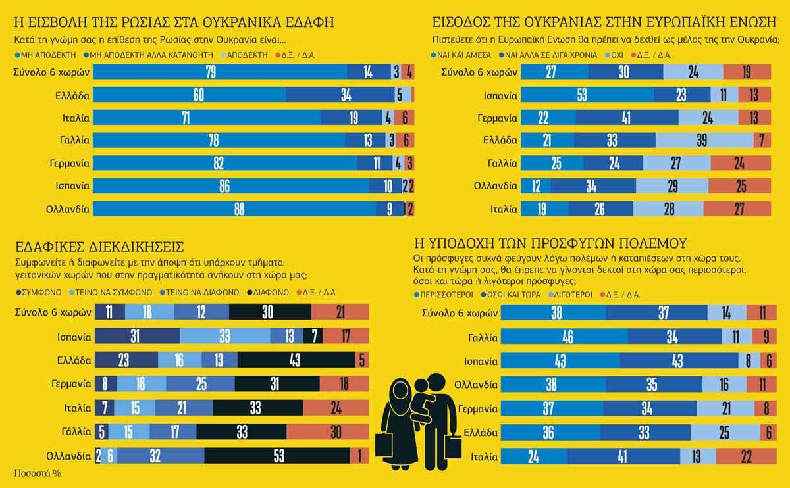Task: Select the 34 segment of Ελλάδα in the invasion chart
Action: pyautogui.click(x=346, y=95)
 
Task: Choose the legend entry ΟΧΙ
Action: pyautogui.click(x=613, y=55)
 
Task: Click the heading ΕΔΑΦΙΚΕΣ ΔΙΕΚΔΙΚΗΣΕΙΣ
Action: pyautogui.click(x=98, y=247)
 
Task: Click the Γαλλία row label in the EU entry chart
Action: pyautogui.click(x=501, y=162)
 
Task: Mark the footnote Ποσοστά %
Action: pyautogui.click(x=38, y=472)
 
